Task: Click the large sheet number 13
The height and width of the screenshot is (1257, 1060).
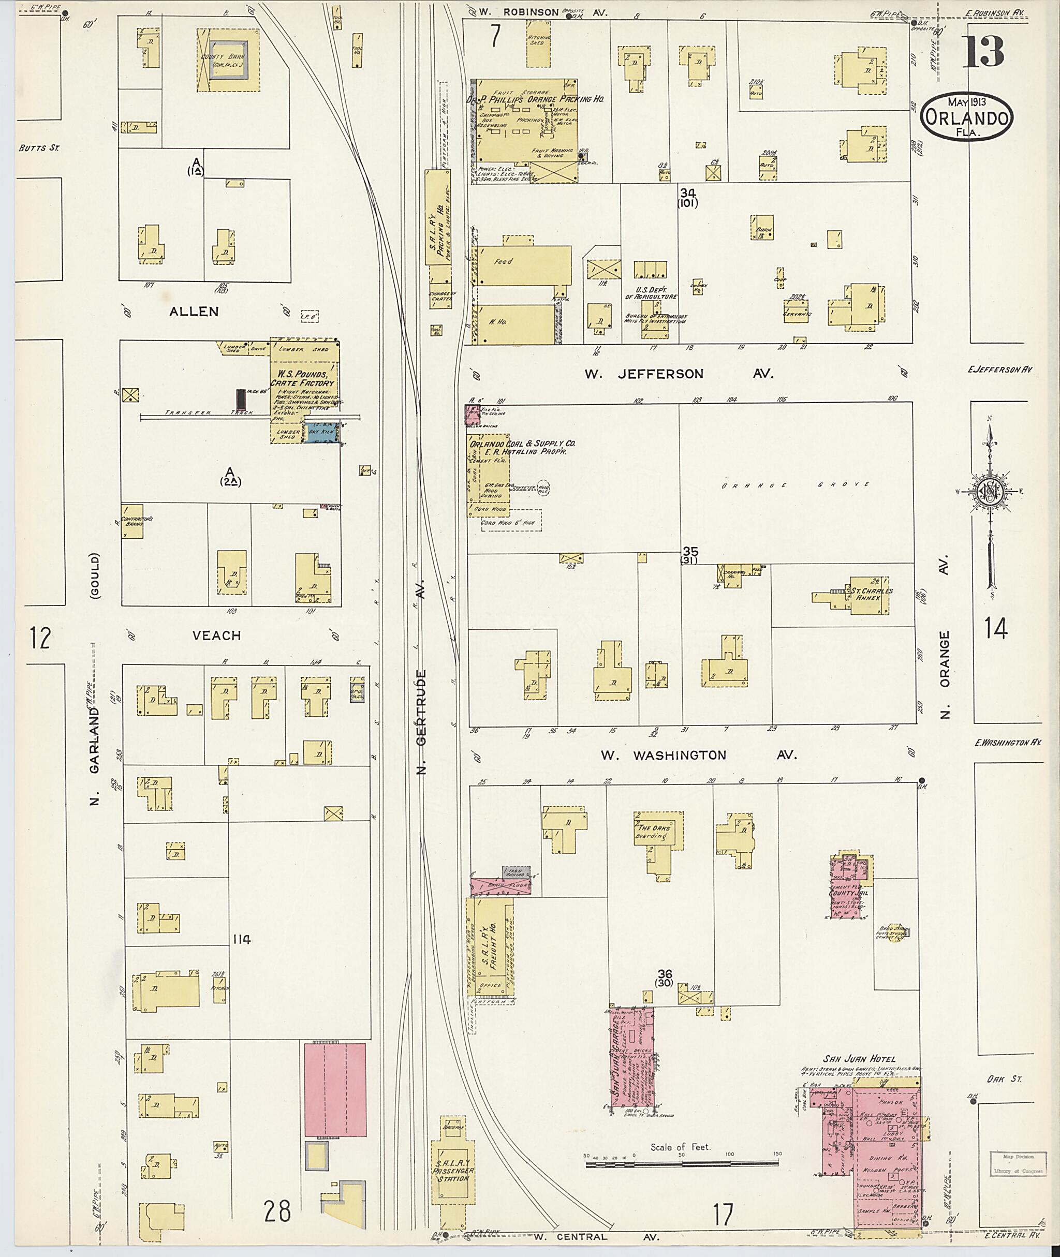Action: (984, 52)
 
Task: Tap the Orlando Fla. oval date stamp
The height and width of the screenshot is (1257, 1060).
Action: (966, 116)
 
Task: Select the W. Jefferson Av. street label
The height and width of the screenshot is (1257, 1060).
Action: (679, 374)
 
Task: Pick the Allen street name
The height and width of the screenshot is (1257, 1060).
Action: (194, 311)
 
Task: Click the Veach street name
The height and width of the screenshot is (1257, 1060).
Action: (216, 635)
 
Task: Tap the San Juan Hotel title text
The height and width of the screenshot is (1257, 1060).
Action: (858, 1059)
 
